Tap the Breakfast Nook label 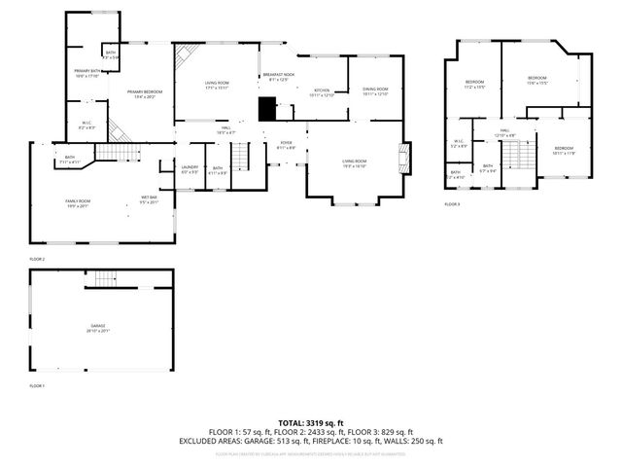pyautogui.click(x=278, y=78)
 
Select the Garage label pyautogui.click(x=97, y=328)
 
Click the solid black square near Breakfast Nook pyautogui.click(x=267, y=109)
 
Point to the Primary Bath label pyautogui.click(x=86, y=74)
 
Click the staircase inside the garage pyautogui.click(x=105, y=279)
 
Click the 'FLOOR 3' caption pyautogui.click(x=452, y=204)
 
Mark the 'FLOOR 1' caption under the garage pyautogui.click(x=37, y=386)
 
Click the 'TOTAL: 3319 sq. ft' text pyautogui.click(x=310, y=421)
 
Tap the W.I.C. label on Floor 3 pyautogui.click(x=459, y=144)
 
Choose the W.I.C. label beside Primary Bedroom pyautogui.click(x=86, y=126)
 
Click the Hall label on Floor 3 pyautogui.click(x=505, y=132)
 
